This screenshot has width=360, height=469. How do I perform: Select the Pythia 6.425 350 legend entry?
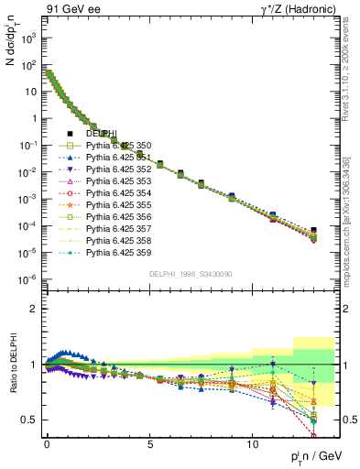(121, 146)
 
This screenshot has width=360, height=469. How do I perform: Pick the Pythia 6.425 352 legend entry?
(121, 169)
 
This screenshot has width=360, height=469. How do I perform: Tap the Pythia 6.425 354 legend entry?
(121, 193)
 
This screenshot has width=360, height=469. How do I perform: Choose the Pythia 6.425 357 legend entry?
(121, 228)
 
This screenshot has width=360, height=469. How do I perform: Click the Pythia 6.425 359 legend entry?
(121, 252)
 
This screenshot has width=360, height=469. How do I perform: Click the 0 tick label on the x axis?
(47, 442)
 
